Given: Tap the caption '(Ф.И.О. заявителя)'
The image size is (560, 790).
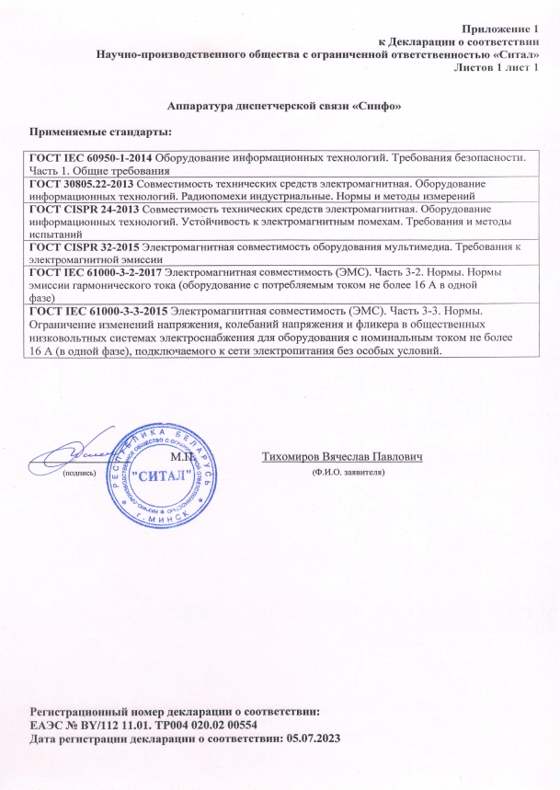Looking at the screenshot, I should pyautogui.click(x=348, y=471).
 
